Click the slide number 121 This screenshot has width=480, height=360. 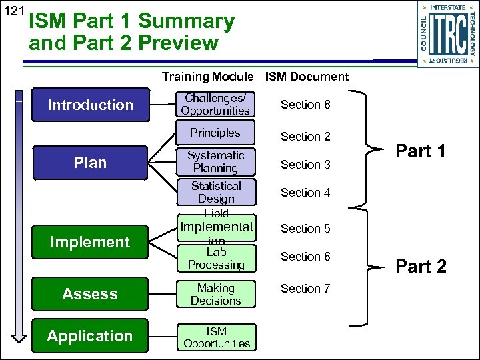(13, 12)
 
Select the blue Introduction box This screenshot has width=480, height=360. (91, 105)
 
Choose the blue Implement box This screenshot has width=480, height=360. (91, 242)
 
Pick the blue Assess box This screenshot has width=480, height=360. (91, 294)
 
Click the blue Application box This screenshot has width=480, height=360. (91, 336)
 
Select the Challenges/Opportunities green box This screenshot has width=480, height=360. (215, 105)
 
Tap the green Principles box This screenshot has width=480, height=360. (215, 133)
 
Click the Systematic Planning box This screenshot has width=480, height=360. (215, 162)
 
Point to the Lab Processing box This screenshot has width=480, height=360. (216, 259)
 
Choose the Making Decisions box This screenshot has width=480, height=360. (216, 295)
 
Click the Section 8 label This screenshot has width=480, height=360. (305, 105)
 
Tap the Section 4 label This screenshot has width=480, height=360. (305, 193)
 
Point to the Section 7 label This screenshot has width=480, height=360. (305, 289)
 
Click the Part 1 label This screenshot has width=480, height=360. (421, 151)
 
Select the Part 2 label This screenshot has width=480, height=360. (421, 267)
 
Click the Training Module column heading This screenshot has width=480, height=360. (207, 77)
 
